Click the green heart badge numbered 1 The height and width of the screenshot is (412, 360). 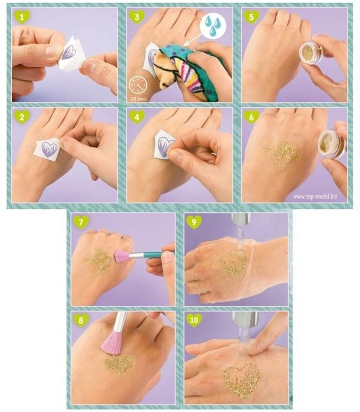click(22, 17)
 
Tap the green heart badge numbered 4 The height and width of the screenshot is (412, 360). click(136, 117)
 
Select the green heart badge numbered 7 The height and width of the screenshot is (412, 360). click(80, 222)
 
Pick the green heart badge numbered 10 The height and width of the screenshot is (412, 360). click(194, 320)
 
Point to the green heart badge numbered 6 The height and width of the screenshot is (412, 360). click(251, 117)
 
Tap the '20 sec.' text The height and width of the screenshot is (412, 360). click(139, 99)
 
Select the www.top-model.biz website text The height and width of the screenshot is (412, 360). click(315, 196)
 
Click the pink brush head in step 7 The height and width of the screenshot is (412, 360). click(121, 256)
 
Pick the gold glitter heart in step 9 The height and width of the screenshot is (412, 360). click(234, 263)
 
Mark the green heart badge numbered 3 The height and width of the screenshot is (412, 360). click(136, 17)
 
